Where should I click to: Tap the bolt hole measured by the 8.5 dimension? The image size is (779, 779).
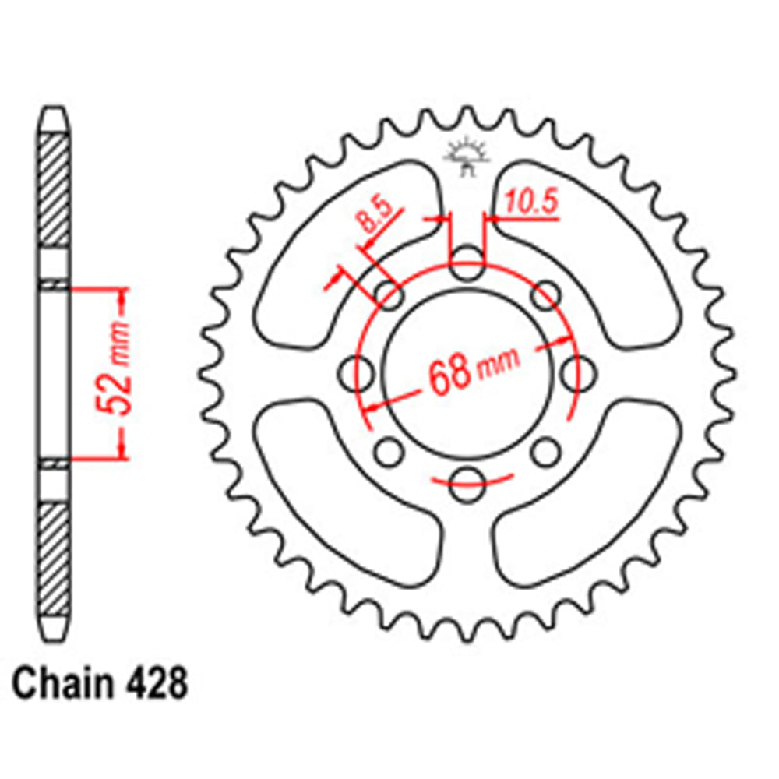(389, 294)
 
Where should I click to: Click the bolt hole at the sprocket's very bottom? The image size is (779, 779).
(466, 480)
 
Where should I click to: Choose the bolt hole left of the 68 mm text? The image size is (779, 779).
(358, 371)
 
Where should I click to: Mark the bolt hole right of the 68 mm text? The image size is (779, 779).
(575, 371)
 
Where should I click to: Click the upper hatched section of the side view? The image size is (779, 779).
(54, 187)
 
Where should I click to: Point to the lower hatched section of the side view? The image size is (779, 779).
(54, 557)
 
